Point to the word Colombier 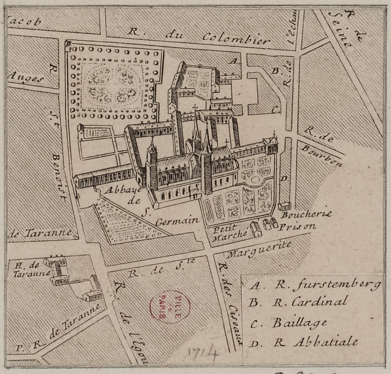236,38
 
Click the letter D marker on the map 283,179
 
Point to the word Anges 25,78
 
